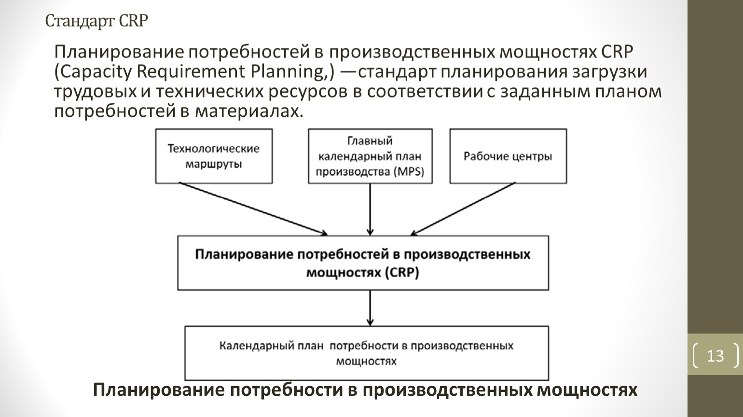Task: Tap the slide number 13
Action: tap(715, 356)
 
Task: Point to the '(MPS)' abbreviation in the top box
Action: tap(409, 172)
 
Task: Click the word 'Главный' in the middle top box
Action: tap(370, 141)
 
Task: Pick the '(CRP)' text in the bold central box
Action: tap(402, 273)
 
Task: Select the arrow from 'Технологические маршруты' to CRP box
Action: tap(253, 209)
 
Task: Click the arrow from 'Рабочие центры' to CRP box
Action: tap(463, 209)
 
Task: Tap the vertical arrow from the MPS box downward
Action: tap(370, 209)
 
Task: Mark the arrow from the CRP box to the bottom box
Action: tap(370, 308)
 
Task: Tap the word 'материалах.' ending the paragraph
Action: tap(249, 111)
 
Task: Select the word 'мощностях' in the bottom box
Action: tap(366, 361)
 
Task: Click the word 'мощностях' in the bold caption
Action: tap(587, 390)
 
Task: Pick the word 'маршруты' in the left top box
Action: tap(214, 165)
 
